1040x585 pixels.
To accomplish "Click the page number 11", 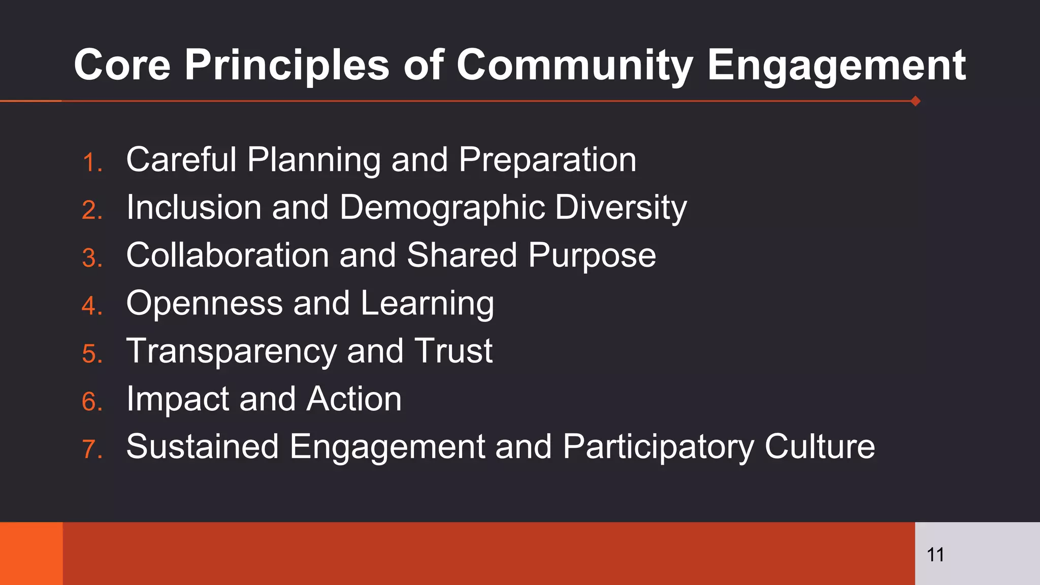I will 935,555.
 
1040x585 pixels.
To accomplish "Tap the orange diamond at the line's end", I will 915,101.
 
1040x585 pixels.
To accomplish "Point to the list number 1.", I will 92,163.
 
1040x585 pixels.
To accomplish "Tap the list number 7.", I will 92,449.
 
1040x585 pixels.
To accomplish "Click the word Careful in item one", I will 181,159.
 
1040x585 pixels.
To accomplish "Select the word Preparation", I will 547,160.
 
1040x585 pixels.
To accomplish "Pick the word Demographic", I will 441,208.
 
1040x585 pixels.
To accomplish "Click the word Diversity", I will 621,208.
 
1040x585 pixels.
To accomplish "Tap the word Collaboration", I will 227,255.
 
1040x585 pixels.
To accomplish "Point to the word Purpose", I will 592,256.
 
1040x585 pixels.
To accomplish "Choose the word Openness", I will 204,304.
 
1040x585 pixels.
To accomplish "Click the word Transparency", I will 231,352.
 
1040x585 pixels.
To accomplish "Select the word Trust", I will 453,351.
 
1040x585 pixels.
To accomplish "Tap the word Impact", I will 177,400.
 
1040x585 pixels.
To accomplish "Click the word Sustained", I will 202,447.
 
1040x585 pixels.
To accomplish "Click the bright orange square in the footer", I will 31,554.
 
